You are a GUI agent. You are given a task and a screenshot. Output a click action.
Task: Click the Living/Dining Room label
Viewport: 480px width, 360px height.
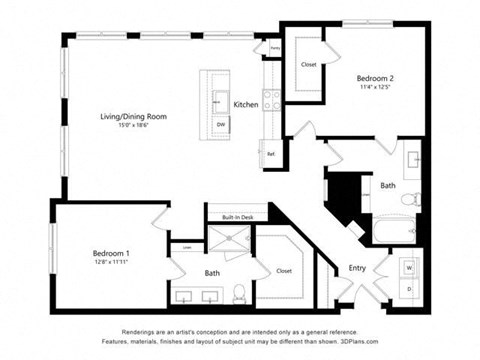pyautogui.click(x=134, y=117)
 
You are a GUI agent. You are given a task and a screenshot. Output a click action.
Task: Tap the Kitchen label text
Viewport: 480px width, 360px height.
pyautogui.click(x=246, y=105)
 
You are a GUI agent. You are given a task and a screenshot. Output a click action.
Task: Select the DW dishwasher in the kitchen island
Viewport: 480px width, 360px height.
pyautogui.click(x=220, y=124)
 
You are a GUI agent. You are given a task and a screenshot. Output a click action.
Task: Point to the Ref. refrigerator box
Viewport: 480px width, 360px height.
pyautogui.click(x=271, y=153)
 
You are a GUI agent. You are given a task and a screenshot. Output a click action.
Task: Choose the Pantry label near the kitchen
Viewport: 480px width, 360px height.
pyautogui.click(x=274, y=47)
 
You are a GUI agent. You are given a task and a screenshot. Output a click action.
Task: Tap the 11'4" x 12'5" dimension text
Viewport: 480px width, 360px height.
pyautogui.click(x=376, y=87)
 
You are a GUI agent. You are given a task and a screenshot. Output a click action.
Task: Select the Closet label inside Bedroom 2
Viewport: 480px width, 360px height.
pyautogui.click(x=308, y=65)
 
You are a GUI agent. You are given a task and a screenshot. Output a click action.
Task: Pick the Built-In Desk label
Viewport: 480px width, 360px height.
pyautogui.click(x=231, y=216)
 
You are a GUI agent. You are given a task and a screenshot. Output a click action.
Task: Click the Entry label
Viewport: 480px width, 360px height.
pyautogui.click(x=356, y=268)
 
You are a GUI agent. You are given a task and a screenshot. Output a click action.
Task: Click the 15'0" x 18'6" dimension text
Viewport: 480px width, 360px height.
pyautogui.click(x=134, y=126)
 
